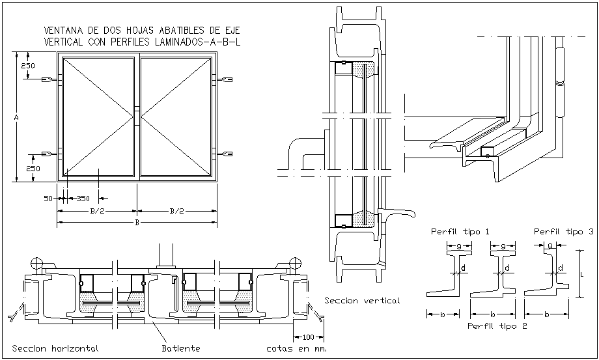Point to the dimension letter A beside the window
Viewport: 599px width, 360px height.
click(16, 117)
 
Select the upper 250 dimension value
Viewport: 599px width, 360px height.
click(28, 66)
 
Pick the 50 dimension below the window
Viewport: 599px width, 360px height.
click(48, 199)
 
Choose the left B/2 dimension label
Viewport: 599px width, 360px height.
click(98, 211)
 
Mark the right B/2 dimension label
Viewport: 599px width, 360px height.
click(176, 211)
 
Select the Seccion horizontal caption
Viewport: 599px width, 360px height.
click(55, 348)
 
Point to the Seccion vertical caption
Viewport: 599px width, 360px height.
click(362, 300)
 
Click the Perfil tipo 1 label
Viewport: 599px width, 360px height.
click(460, 231)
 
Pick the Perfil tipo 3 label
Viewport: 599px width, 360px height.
click(563, 231)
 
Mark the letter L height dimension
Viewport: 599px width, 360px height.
click(581, 274)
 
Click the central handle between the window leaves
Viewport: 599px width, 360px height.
click(137, 115)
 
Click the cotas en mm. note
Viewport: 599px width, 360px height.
click(296, 348)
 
